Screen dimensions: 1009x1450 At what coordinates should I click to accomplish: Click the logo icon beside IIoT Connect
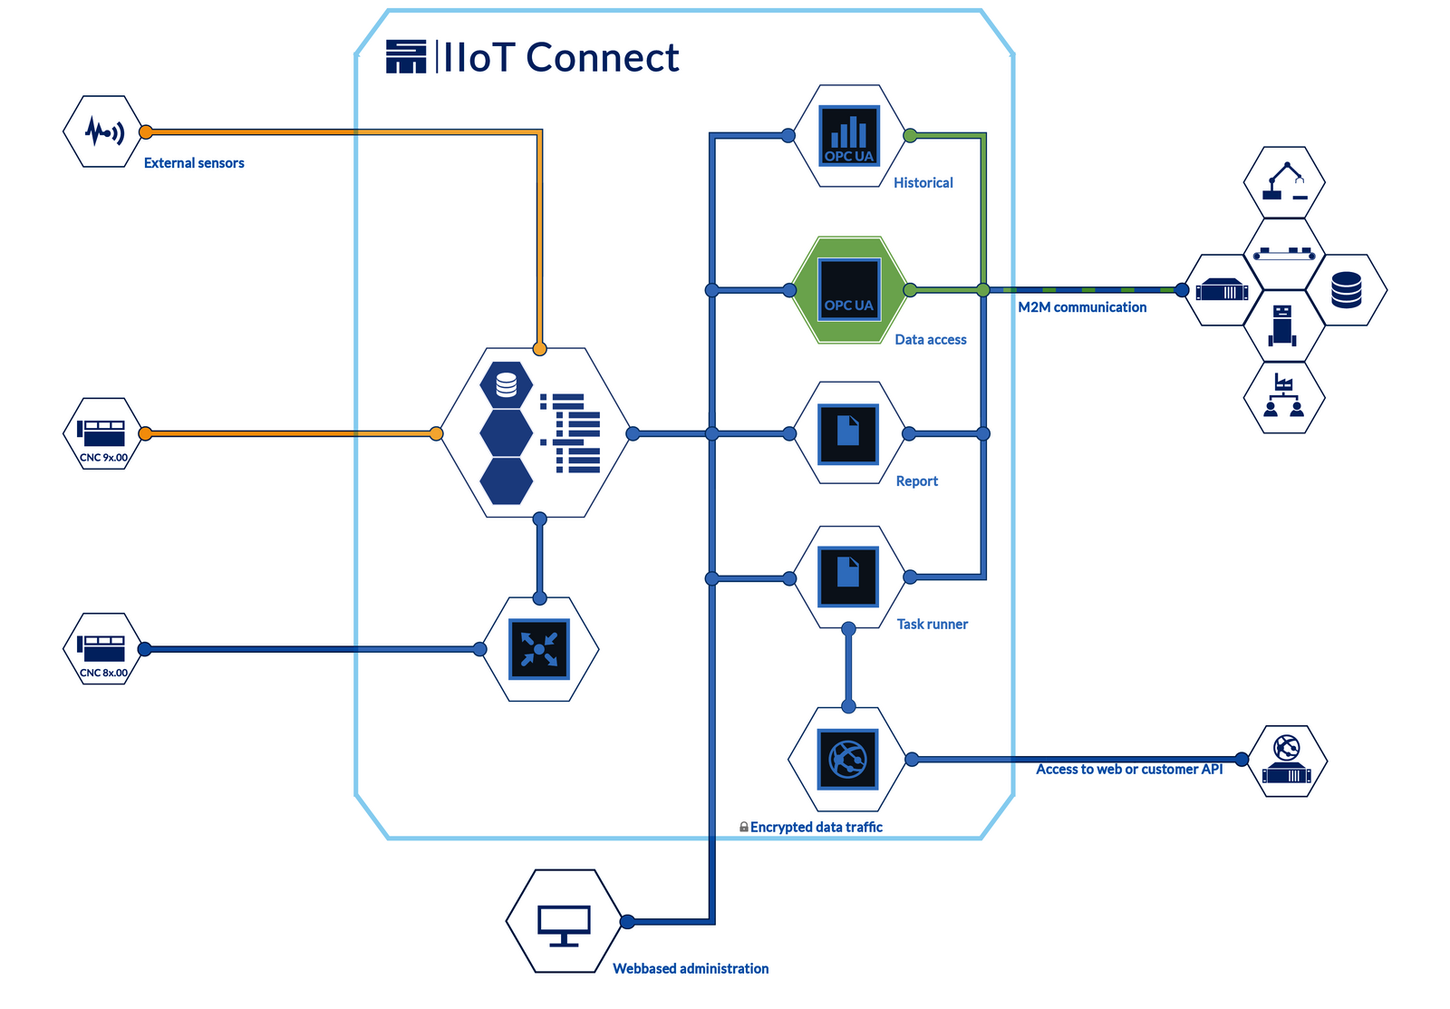coord(405,56)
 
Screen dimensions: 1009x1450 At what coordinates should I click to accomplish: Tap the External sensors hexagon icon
coord(103,131)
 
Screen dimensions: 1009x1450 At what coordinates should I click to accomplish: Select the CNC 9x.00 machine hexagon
coord(102,433)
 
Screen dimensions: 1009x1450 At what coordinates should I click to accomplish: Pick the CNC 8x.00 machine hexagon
coord(102,648)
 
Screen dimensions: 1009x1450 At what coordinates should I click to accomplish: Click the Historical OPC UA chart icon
coord(849,136)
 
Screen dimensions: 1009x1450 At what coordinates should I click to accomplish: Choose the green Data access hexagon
coord(849,290)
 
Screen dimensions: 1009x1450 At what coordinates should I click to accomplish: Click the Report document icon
coord(848,433)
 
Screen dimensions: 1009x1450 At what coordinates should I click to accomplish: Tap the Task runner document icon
coord(848,577)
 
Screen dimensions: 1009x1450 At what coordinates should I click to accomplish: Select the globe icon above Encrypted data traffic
coord(848,759)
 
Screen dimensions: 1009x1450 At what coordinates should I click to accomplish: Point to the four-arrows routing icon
coord(539,649)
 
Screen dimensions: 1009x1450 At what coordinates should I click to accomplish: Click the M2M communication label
coord(1082,307)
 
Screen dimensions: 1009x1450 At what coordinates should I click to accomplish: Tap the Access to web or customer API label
coord(1129,770)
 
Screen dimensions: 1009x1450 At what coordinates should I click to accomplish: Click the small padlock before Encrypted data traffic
coord(743,827)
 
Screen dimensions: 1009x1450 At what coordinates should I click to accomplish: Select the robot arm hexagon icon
coord(1285,181)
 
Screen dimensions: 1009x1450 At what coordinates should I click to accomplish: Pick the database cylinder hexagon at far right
coord(1347,290)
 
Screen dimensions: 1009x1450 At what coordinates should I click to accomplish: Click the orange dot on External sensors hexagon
coord(145,131)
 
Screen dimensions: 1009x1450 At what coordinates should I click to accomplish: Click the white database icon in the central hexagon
coord(507,385)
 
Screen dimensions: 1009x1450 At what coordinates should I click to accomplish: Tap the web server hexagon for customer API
coord(1287,762)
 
